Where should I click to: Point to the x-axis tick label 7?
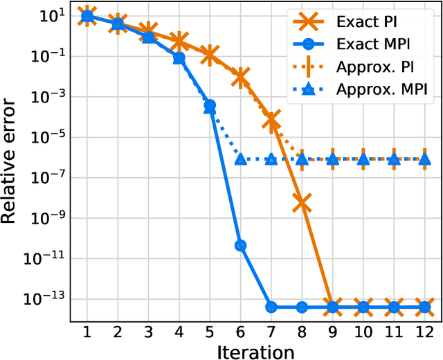pos(271,330)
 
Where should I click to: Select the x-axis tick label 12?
pos(424,330)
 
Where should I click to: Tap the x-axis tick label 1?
pos(87,330)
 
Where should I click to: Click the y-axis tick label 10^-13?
pos(47,299)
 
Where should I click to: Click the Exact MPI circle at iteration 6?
pos(240,245)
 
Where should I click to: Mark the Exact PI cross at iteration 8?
pos(302,202)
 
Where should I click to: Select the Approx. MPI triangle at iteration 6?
pos(240,159)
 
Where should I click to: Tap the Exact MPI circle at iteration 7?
pos(271,307)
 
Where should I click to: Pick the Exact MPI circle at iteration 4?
pos(179,58)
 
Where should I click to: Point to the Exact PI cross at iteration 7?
pos(271,121)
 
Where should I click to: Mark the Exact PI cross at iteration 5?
pos(210,54)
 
